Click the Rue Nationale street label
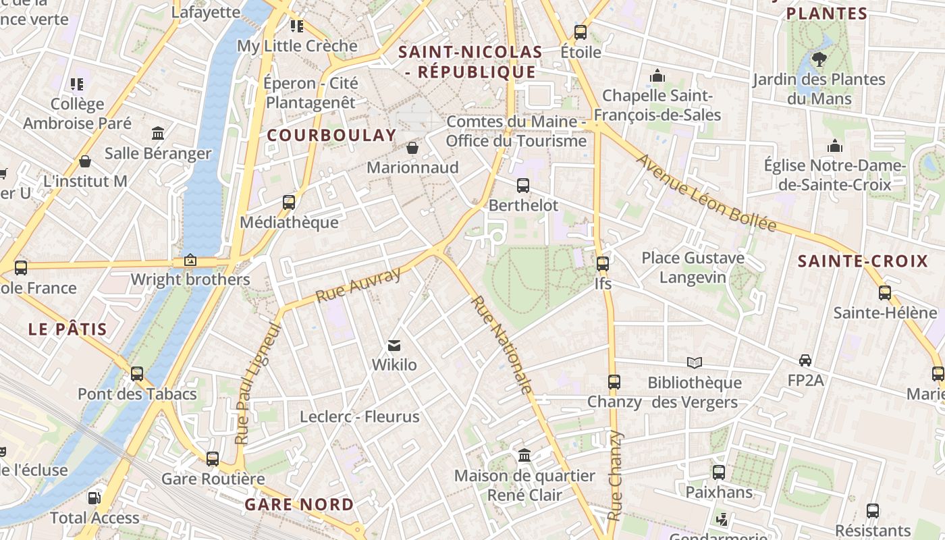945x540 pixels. pyautogui.click(x=502, y=344)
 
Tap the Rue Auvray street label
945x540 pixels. pyautogui.click(x=358, y=284)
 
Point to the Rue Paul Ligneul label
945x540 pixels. pyautogui.click(x=256, y=383)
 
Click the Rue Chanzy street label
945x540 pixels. pyautogui.click(x=614, y=476)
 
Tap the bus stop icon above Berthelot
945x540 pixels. pyautogui.click(x=523, y=185)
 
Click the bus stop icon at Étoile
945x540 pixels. pyautogui.click(x=580, y=32)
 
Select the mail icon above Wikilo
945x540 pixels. pyautogui.click(x=395, y=346)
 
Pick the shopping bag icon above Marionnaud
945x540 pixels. pyautogui.click(x=412, y=147)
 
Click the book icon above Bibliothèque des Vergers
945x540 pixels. pyautogui.click(x=695, y=362)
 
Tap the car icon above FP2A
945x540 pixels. pyautogui.click(x=805, y=360)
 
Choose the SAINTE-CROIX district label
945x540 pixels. pyautogui.click(x=863, y=261)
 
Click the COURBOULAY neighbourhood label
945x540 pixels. pyautogui.click(x=331, y=135)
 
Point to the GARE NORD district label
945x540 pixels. pyautogui.click(x=299, y=504)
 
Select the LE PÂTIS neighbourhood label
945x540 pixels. pyautogui.click(x=67, y=329)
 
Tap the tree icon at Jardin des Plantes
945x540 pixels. pyautogui.click(x=819, y=59)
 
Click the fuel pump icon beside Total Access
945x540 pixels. pyautogui.click(x=94, y=498)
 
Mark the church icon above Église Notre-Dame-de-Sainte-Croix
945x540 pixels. pyautogui.click(x=835, y=146)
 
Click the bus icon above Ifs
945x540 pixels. pyautogui.click(x=603, y=263)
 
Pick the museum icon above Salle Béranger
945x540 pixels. pyautogui.click(x=158, y=132)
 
